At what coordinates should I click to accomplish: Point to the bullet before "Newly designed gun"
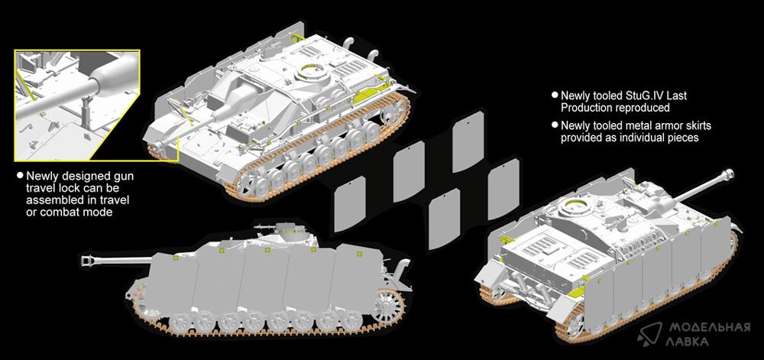(20, 175)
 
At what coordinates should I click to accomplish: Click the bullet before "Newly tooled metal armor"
(555, 125)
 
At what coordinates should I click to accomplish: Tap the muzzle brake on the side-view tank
(88, 261)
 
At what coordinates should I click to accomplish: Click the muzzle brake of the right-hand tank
(728, 174)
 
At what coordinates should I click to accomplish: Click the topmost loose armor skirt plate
(468, 141)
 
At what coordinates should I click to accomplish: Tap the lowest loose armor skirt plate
(444, 219)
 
